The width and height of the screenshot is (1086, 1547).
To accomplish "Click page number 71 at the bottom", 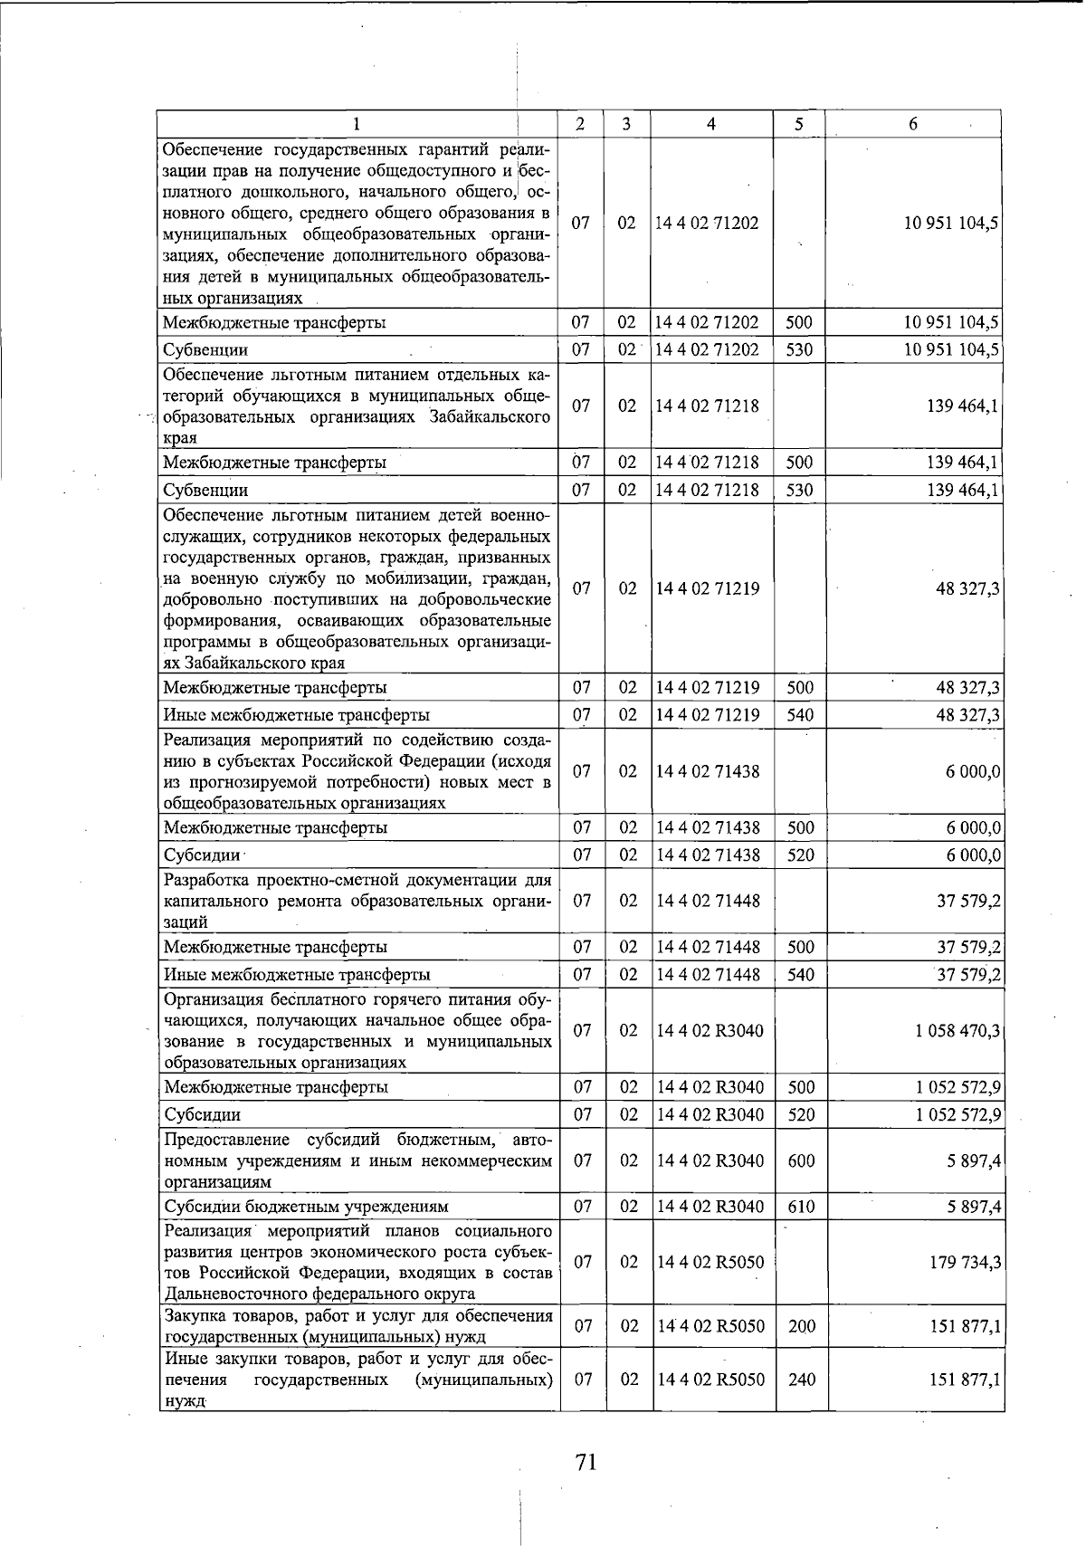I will coord(586,1461).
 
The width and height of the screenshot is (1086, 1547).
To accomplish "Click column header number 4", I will coord(711,124).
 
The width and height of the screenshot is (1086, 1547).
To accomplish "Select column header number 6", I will coord(913,124).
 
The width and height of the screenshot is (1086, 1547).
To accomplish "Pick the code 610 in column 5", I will coord(801,1207).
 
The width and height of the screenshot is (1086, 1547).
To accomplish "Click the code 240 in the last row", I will coord(801,1380).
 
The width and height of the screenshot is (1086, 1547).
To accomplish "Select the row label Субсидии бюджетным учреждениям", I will coord(306,1207).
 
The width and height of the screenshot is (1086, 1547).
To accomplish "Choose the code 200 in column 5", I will coord(801,1327).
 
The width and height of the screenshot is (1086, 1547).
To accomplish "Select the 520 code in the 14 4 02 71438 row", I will coord(801,855).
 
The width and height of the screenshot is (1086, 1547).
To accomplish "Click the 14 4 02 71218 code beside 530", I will coord(708,491).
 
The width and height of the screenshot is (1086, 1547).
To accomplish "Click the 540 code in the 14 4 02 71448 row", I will coord(801,975).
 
